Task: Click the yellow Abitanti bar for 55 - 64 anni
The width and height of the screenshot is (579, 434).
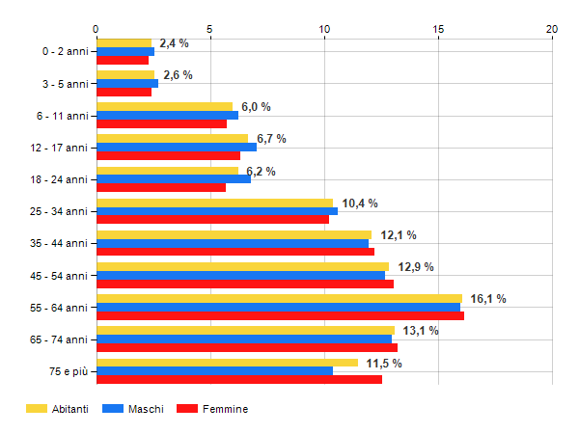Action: click(x=279, y=298)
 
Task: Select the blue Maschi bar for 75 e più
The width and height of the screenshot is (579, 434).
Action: click(x=214, y=371)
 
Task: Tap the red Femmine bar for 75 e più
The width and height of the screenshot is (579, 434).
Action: click(x=238, y=379)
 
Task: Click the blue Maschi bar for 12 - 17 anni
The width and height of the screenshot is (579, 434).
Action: click(x=176, y=148)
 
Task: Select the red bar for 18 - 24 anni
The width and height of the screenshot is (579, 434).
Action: click(x=160, y=187)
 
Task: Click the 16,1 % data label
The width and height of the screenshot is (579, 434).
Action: click(x=487, y=299)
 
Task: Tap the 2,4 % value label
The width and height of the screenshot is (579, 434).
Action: click(x=174, y=43)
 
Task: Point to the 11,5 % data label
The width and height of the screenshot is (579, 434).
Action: click(x=383, y=363)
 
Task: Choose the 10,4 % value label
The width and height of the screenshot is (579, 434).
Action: click(x=360, y=203)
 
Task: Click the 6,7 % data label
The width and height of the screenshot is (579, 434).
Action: click(x=271, y=139)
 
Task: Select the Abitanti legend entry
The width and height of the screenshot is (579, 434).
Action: click(x=57, y=409)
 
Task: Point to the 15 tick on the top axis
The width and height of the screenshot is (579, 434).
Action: click(x=438, y=29)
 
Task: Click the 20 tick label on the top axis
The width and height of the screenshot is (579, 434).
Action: click(x=552, y=29)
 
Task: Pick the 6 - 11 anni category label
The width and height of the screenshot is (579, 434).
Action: click(x=63, y=116)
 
